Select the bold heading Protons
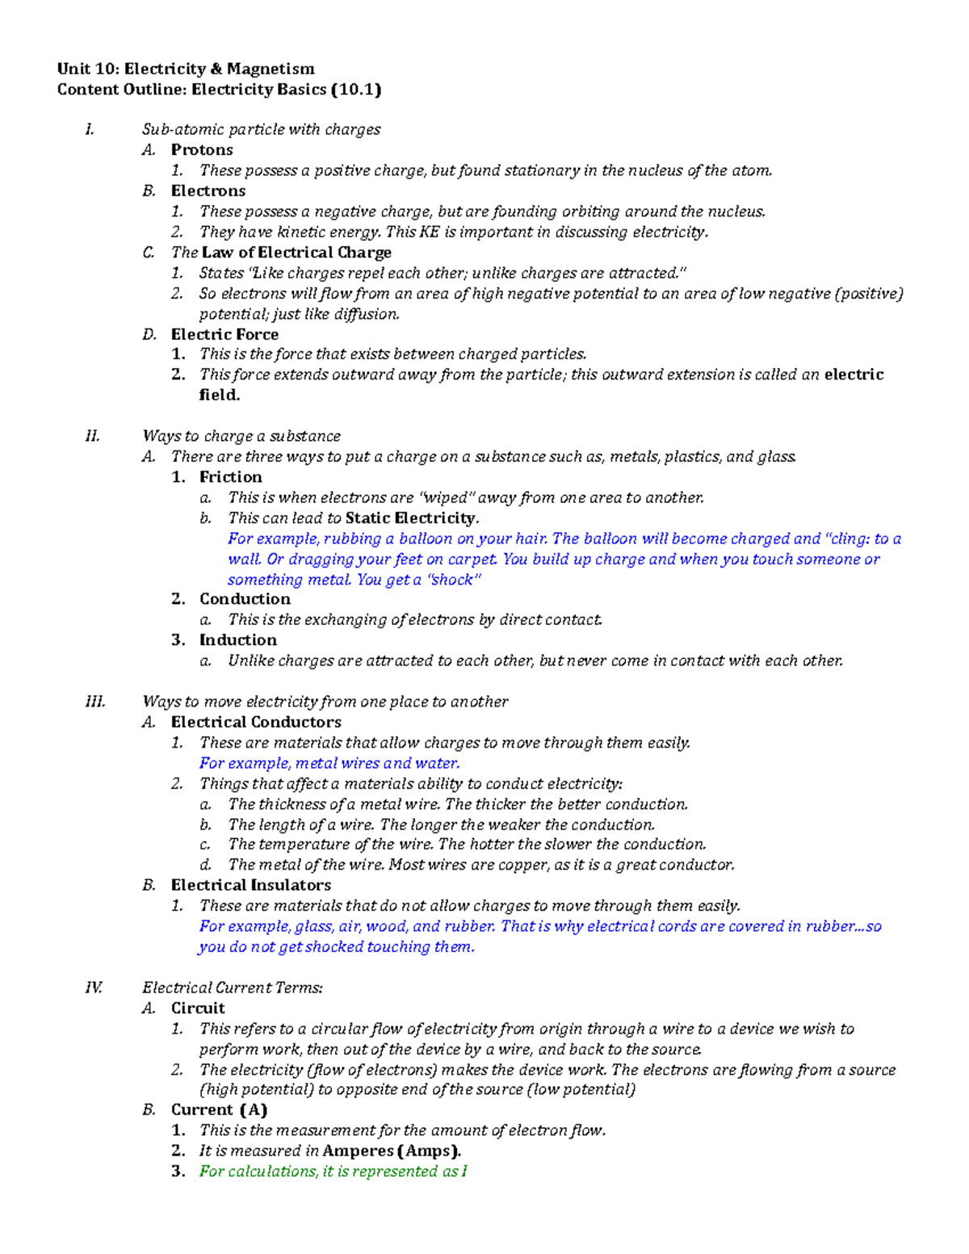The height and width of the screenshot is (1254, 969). [202, 150]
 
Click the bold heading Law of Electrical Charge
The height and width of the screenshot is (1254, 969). [296, 253]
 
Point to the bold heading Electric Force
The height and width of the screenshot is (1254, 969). [224, 334]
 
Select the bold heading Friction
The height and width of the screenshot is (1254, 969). [231, 477]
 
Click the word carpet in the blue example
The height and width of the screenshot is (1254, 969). [472, 560]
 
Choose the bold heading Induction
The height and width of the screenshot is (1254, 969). [238, 640]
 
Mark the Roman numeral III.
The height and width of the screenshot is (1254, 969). [94, 702]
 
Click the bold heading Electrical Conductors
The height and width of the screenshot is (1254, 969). [256, 723]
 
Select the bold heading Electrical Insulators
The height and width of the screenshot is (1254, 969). [251, 886]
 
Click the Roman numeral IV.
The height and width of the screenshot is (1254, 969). [94, 988]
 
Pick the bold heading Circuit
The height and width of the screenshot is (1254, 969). [198, 1009]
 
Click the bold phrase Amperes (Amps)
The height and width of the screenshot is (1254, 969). [392, 1151]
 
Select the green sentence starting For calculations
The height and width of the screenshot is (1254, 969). [333, 1172]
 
